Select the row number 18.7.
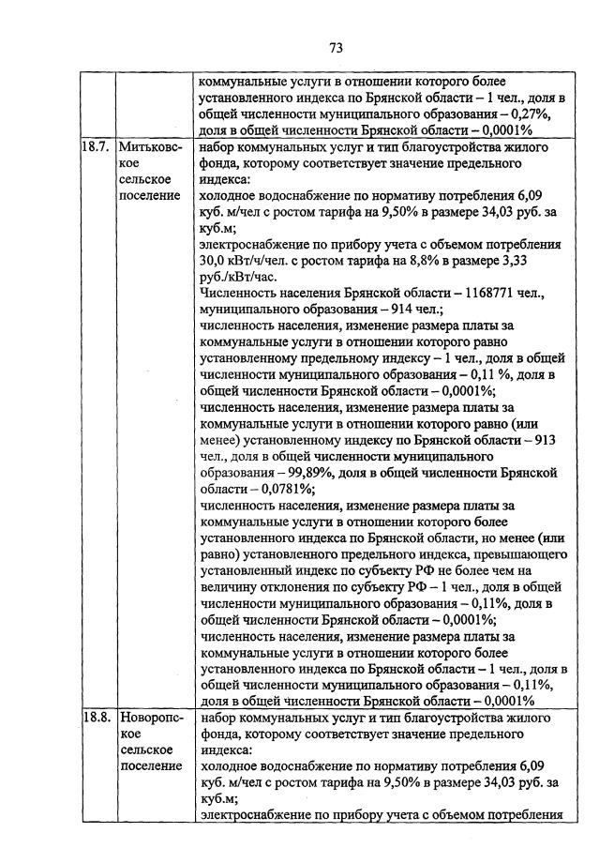pyautogui.click(x=95, y=147)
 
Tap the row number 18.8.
pyautogui.click(x=95, y=719)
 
